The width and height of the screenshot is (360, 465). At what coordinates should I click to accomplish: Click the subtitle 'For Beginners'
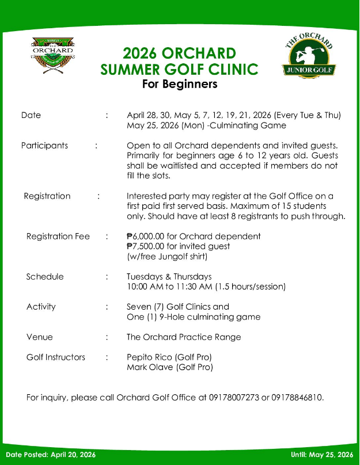pyautogui.click(x=180, y=84)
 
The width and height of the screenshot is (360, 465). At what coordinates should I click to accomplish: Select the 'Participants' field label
pyautogui.click(x=44, y=145)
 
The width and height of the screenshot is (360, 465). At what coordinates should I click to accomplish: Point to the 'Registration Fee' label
pyautogui.click(x=58, y=236)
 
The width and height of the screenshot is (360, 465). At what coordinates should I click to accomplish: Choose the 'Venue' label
pyautogui.click(x=40, y=337)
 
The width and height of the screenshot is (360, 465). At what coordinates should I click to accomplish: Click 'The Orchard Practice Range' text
pyautogui.click(x=184, y=337)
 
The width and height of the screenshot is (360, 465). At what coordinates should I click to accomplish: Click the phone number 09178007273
pyautogui.click(x=234, y=397)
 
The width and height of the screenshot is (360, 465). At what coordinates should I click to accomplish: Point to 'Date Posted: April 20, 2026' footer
pyautogui.click(x=51, y=455)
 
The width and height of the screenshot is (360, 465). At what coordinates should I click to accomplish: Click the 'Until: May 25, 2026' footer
pyautogui.click(x=322, y=455)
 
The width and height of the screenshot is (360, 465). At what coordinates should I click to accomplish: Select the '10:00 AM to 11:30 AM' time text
pyautogui.click(x=169, y=286)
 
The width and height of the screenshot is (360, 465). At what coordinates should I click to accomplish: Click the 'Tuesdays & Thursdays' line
pyautogui.click(x=169, y=276)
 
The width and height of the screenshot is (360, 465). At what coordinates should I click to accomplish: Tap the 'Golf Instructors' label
pyautogui.click(x=56, y=357)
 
